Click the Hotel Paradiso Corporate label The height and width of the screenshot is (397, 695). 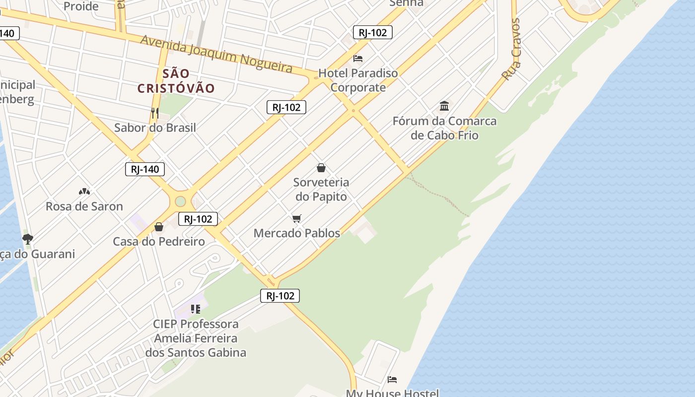[x=358, y=80]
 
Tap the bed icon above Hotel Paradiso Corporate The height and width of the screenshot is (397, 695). [x=358, y=59]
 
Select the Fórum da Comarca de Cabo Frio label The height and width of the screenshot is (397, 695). [x=444, y=128]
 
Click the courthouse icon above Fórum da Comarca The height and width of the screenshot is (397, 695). [x=444, y=106]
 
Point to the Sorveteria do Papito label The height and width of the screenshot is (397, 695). [x=322, y=189]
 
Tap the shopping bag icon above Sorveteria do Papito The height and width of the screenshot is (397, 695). [x=321, y=168]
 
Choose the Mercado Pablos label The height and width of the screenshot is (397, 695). [x=297, y=233]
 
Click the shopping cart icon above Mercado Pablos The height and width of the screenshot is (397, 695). [x=297, y=218]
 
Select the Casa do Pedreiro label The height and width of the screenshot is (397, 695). [x=159, y=242]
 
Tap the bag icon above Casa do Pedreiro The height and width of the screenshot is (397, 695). [x=159, y=227]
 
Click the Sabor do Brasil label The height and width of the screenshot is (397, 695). [x=155, y=128]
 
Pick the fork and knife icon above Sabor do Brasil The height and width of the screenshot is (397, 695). [x=155, y=113]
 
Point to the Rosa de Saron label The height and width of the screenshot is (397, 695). [x=84, y=206]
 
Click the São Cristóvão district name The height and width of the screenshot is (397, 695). [x=176, y=81]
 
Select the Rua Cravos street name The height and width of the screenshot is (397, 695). [x=511, y=50]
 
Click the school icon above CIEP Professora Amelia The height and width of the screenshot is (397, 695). [x=196, y=309]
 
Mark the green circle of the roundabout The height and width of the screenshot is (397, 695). [x=180, y=201]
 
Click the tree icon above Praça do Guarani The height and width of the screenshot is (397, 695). [x=28, y=239]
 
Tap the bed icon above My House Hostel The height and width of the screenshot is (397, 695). [x=392, y=380]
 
